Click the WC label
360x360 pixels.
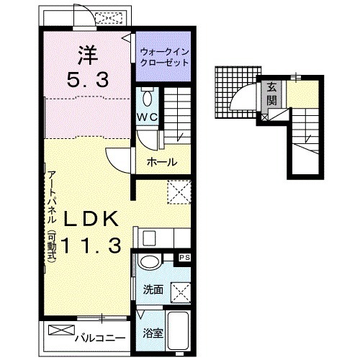point(147,117)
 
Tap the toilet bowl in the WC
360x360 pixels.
point(147,99)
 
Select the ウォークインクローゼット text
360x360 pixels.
point(164,57)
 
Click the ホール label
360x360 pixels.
point(162,162)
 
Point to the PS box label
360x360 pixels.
point(185,258)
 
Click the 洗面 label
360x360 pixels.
point(153,289)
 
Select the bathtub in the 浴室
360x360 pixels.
point(178,330)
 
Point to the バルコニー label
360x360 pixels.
point(100,338)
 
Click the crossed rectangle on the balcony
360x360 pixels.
point(61,330)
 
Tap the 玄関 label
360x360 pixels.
point(271,94)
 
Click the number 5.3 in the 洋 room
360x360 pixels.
point(87,80)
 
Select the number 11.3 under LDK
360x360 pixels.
point(91,246)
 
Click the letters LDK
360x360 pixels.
point(91,218)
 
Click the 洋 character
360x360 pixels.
point(87,55)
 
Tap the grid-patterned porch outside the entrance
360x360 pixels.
point(237,92)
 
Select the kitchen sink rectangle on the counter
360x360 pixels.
point(149,238)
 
